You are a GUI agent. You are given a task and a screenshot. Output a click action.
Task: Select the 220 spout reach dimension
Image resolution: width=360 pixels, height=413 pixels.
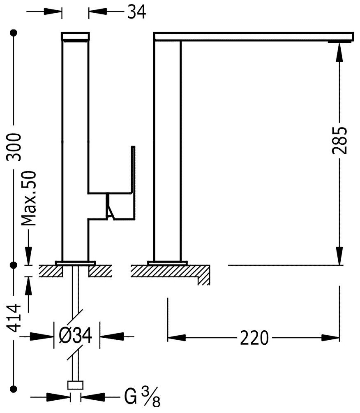[x=254, y=338]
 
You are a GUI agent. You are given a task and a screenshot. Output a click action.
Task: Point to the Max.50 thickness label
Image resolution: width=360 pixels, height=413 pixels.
[x=29, y=199]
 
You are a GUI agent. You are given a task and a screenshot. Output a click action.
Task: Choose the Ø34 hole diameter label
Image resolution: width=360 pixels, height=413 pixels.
[x=77, y=337]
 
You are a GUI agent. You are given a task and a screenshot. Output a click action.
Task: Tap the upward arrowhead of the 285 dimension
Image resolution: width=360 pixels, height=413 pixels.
[x=340, y=51]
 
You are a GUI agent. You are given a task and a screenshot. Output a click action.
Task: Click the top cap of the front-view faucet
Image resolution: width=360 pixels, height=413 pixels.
[x=75, y=36]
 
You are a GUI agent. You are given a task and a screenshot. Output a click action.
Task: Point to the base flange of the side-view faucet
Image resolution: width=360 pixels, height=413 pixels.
[x=167, y=262]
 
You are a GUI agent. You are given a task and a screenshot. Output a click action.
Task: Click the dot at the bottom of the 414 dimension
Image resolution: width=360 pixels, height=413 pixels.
[x=15, y=388]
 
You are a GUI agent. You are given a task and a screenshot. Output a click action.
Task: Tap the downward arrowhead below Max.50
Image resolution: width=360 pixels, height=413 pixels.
[x=29, y=255]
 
